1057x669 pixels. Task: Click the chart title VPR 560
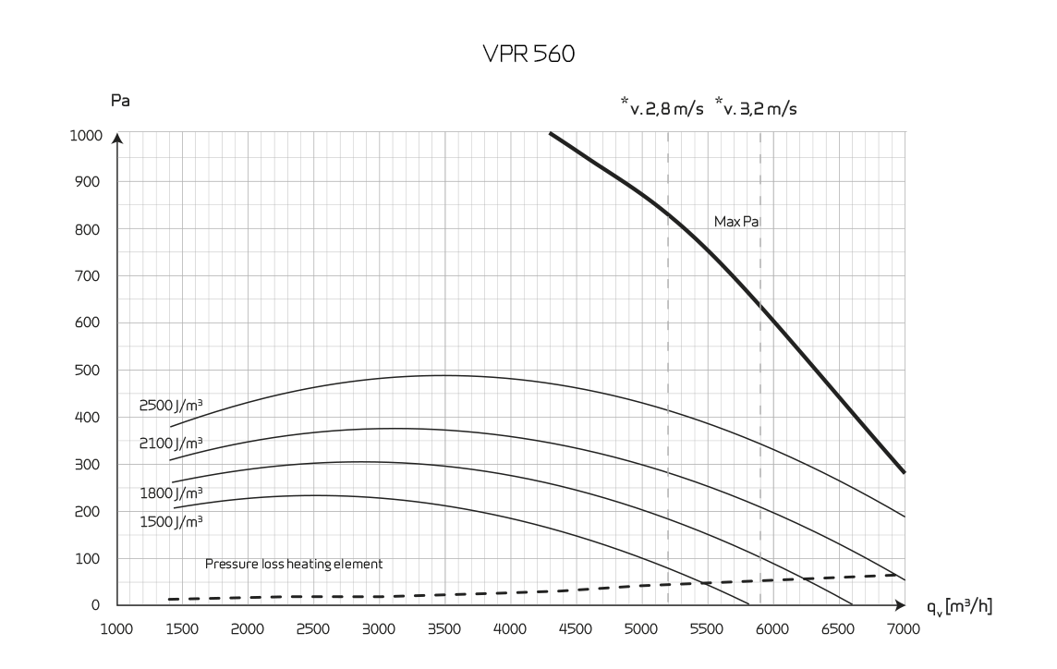coord(528,55)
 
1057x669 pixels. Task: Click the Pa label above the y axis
coord(119,101)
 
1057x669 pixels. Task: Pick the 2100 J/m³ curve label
coord(172,443)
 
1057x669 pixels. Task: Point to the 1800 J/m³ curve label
coord(172,493)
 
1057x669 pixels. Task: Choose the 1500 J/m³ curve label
coord(172,521)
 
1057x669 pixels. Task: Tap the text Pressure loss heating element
coord(293,564)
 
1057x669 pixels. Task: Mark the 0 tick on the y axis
coord(96,605)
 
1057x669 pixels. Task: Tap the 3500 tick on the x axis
coord(444,629)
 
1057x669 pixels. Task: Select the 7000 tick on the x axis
coord(903,629)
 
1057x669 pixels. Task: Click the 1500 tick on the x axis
coord(182,629)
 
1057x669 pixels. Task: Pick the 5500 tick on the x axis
coord(707,629)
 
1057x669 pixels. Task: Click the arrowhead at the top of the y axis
coord(117,139)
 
